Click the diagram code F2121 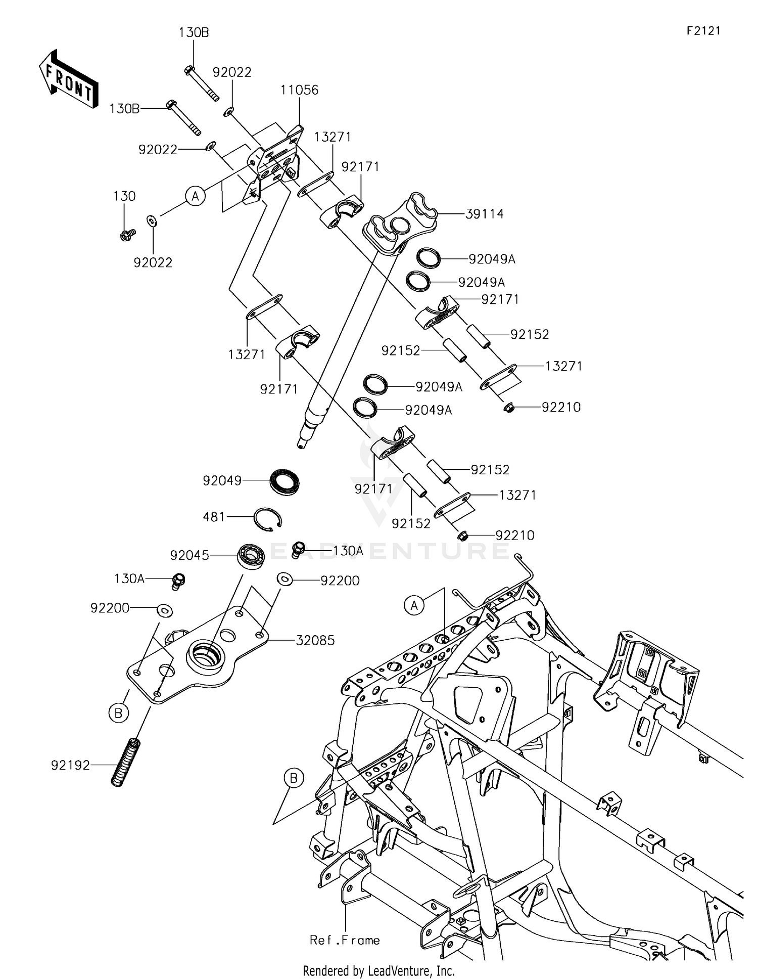click(x=703, y=31)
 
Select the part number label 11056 click(x=300, y=90)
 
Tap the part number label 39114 click(x=484, y=214)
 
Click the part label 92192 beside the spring click(x=70, y=766)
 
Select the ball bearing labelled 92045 click(x=252, y=556)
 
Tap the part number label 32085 click(x=315, y=640)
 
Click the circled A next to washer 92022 click(x=196, y=195)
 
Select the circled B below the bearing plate click(x=118, y=713)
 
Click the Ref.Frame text click(x=345, y=940)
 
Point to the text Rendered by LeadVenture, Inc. click(x=378, y=971)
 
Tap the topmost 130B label click(x=194, y=33)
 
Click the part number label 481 click(x=214, y=517)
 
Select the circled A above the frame click(x=414, y=605)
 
